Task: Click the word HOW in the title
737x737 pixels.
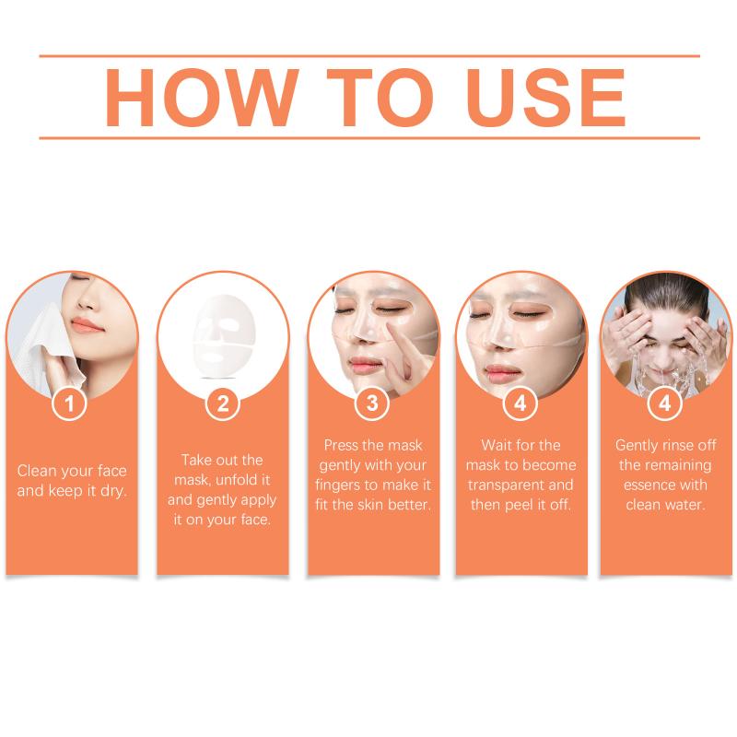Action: (202, 98)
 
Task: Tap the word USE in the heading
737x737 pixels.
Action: (545, 98)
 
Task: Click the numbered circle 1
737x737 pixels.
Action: (69, 404)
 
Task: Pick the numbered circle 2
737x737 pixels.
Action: (223, 404)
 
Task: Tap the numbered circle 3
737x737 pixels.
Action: (372, 404)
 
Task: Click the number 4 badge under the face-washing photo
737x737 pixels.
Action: (664, 404)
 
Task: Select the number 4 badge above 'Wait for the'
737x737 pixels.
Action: (520, 404)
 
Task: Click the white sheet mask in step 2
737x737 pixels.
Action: (225, 335)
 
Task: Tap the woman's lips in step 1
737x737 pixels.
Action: (86, 326)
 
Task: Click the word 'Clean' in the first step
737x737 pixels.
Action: (37, 471)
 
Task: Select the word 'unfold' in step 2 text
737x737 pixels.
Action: (237, 480)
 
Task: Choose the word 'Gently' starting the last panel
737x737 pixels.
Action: (636, 446)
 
